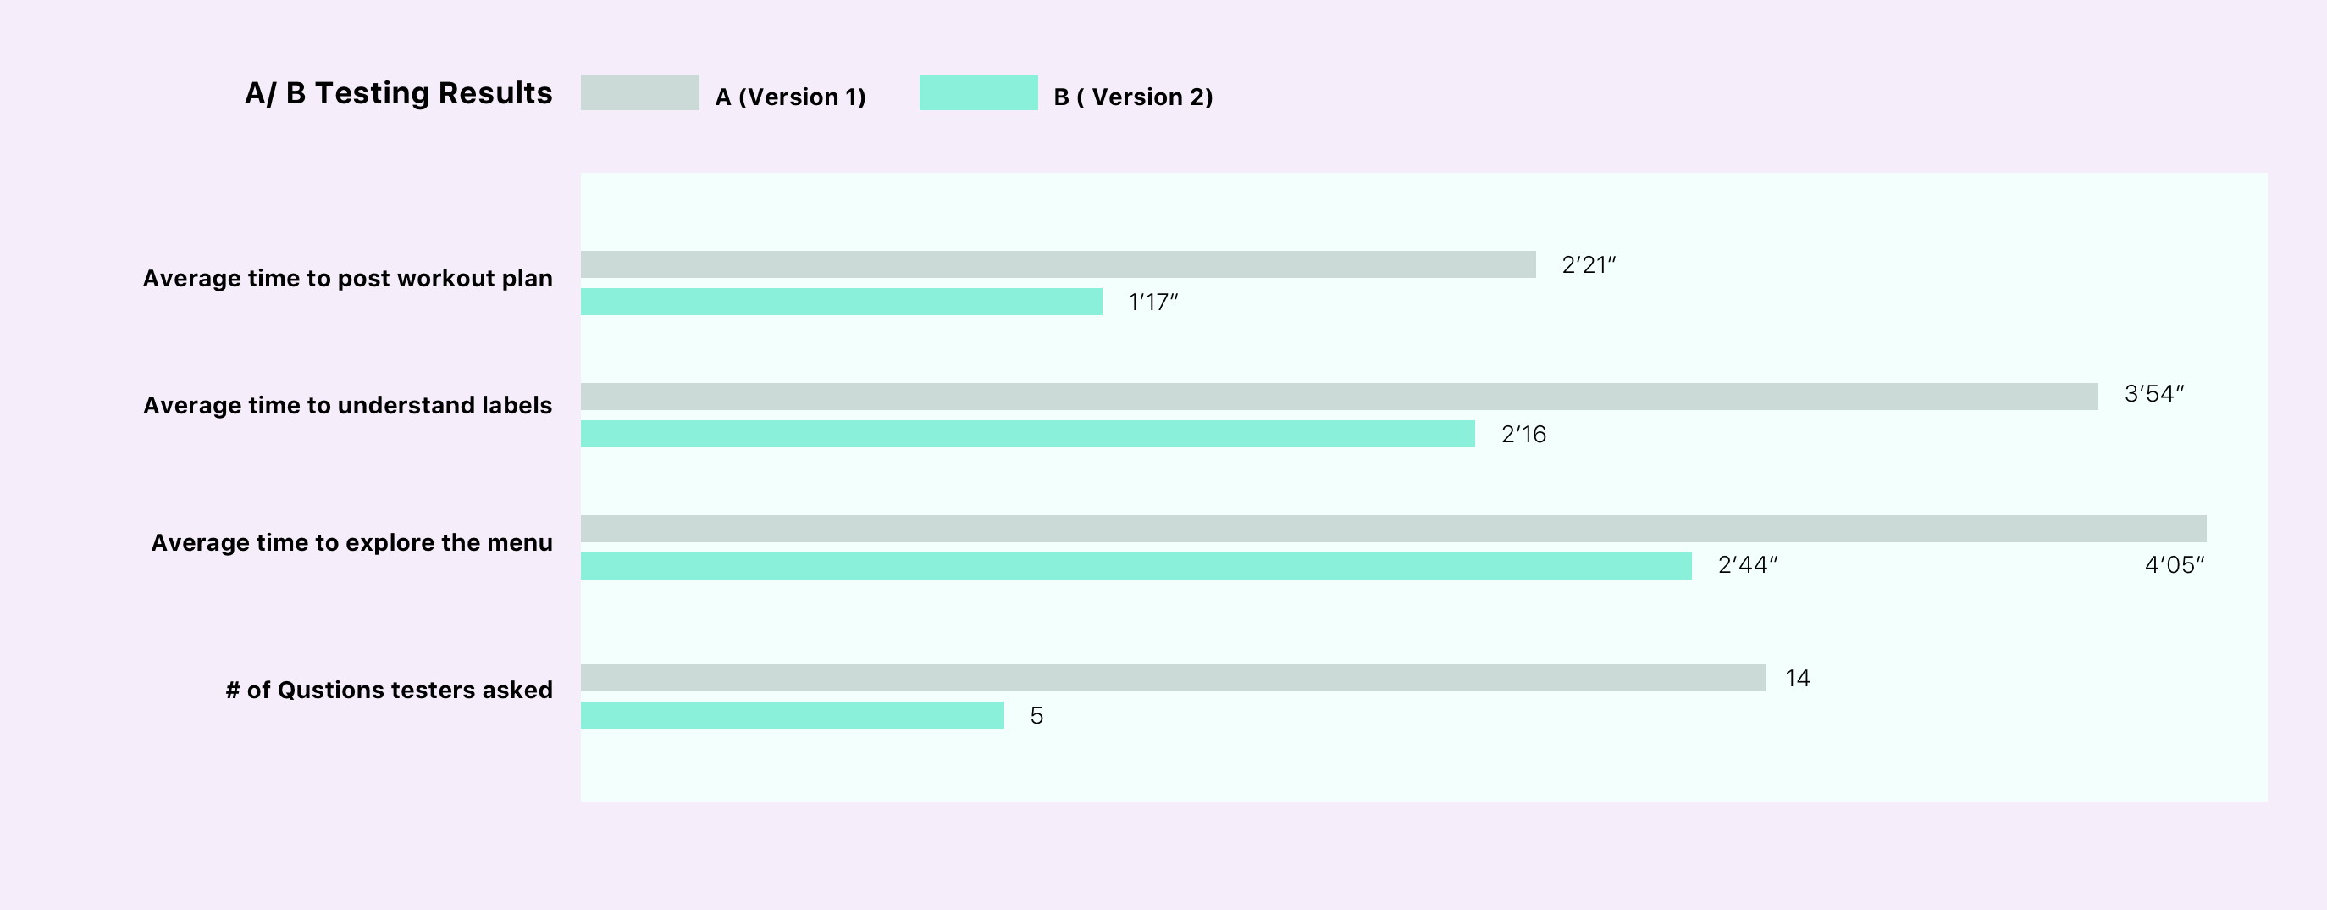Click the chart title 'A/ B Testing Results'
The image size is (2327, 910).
click(x=398, y=93)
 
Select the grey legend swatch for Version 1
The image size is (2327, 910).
click(x=639, y=92)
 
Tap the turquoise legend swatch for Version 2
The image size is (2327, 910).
click(x=978, y=92)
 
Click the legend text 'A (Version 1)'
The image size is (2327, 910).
click(x=790, y=97)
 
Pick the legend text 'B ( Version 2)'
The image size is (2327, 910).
click(x=1133, y=97)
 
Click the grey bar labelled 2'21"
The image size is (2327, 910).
click(x=1058, y=264)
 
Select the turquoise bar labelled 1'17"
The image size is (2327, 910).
click(x=841, y=302)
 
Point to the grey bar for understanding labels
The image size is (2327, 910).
click(x=1339, y=396)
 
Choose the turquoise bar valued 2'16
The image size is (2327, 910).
click(x=1027, y=434)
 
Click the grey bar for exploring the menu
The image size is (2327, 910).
click(x=1393, y=529)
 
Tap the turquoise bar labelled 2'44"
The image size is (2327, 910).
click(x=1136, y=566)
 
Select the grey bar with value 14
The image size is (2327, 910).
click(x=1173, y=678)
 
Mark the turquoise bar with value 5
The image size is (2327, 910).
click(x=793, y=715)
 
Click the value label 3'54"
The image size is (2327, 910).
click(x=2153, y=394)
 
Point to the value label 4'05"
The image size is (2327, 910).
click(x=2175, y=565)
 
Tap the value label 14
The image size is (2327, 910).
click(x=1797, y=679)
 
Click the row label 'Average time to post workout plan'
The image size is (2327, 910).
click(x=348, y=278)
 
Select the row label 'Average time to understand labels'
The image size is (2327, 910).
click(x=348, y=406)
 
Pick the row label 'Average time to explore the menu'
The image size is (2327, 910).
click(x=351, y=542)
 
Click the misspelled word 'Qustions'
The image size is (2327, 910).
click(x=330, y=691)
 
